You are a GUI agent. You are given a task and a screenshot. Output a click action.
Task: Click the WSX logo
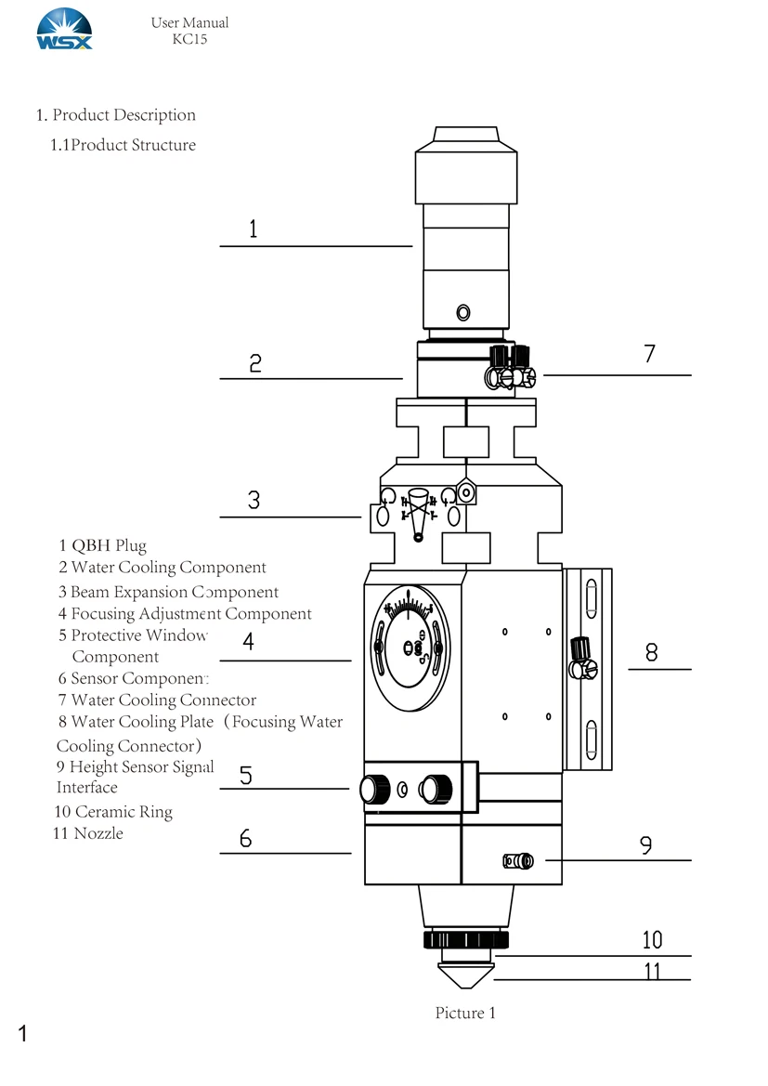64,29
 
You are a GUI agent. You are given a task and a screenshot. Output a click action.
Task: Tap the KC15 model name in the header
189,39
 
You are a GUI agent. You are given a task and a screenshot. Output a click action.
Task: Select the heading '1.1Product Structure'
124,145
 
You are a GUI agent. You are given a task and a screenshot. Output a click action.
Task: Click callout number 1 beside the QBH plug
254,229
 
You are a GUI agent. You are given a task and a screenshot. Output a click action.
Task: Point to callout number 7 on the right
649,354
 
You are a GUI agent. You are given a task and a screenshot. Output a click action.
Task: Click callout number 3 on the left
254,500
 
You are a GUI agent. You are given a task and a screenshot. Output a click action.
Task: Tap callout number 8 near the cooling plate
651,652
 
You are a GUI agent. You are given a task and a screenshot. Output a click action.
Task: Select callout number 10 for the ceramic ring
652,940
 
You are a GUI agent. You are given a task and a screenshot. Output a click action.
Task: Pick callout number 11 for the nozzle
652,971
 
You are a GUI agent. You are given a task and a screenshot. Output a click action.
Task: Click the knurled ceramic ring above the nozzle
465,940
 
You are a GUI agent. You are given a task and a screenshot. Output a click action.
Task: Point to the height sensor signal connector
518,861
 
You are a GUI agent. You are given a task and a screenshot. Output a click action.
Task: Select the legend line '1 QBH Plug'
103,545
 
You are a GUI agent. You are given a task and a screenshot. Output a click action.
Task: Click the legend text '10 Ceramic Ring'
113,812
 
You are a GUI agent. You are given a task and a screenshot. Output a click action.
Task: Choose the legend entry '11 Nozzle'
88,833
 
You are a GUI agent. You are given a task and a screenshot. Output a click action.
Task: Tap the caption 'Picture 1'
465,1013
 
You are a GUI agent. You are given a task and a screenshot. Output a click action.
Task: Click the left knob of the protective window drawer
374,789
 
